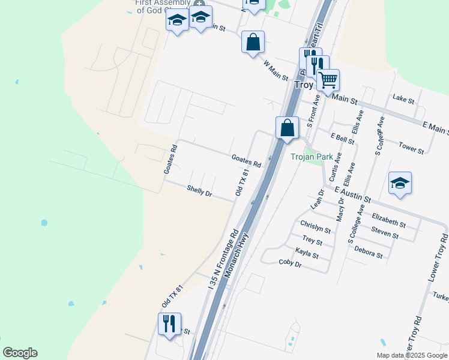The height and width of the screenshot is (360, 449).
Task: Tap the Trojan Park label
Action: tap(312, 157)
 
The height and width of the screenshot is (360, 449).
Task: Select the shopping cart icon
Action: tap(328, 79)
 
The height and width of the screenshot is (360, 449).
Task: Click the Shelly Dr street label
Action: tap(199, 191)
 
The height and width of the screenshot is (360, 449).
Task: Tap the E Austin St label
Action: tap(353, 194)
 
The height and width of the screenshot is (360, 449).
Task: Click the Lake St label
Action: tap(403, 98)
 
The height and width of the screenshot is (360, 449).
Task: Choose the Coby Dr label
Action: tap(290, 263)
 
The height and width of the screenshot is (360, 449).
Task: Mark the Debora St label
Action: tap(368, 252)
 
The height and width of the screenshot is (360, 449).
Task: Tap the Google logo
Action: tap(20, 353)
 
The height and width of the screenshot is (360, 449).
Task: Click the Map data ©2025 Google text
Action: tap(411, 355)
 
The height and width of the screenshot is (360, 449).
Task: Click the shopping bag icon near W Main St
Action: tap(253, 43)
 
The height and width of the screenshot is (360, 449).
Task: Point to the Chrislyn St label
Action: tap(315, 227)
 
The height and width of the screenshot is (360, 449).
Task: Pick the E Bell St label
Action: tap(342, 139)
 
